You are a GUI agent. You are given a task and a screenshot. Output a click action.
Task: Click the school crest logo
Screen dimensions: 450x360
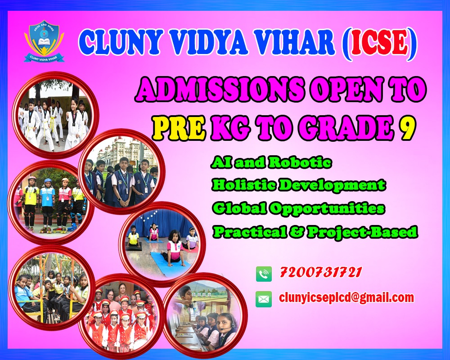coord(44,41)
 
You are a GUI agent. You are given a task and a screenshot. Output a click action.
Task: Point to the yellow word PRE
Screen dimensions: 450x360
coord(179,126)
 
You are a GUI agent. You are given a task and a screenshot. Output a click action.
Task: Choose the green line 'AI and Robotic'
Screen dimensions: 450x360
coord(271,162)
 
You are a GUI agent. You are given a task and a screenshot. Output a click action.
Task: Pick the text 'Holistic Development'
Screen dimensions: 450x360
coord(298,184)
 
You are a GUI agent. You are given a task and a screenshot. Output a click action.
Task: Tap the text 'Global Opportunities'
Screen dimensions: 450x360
coord(298,208)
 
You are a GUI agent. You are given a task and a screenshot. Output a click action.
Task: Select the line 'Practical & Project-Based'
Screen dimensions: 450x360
coord(315,231)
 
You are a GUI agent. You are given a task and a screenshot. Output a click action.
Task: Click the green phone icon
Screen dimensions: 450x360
coord(264,274)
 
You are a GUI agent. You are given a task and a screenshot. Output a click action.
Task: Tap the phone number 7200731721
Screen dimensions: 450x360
coord(321,272)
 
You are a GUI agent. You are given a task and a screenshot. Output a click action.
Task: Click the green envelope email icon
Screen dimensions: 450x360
coord(264,299)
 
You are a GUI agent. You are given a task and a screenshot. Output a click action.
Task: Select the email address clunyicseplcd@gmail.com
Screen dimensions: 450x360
coord(346,298)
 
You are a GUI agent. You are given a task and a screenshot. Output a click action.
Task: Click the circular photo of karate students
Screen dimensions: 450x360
coord(55,115)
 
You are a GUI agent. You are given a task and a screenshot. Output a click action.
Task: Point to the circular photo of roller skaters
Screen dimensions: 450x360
coord(51,202)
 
